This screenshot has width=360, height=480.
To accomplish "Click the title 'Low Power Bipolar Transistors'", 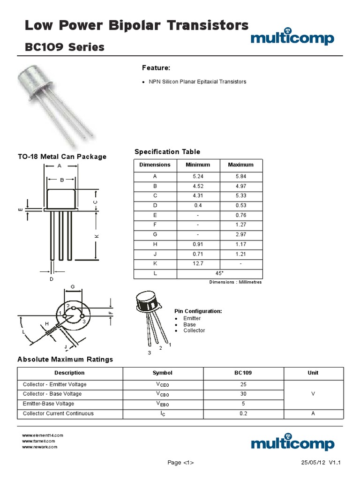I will pos(136,25).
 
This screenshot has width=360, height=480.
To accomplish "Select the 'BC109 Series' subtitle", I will pos(64,47).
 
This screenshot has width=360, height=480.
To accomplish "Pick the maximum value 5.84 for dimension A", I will pos(240,176).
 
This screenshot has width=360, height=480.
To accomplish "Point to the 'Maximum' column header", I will pos(240,165).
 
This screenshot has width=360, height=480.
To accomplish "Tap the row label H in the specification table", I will pos(155,244).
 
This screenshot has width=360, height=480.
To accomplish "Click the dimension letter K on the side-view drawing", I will pos(97,236).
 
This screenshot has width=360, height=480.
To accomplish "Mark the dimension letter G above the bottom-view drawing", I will pos(73,286).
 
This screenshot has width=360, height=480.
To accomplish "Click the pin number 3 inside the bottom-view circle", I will pos(83,322).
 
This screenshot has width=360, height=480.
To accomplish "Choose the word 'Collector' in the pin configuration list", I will pos(194,330).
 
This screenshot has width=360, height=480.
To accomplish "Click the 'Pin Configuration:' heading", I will pos(198,311).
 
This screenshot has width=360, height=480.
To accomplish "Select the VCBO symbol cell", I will pos(162,394).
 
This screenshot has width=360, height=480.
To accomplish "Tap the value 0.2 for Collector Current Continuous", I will pos(243,413).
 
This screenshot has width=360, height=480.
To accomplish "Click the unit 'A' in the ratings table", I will pos(313,413).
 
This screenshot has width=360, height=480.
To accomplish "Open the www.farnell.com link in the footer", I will pos(39,441).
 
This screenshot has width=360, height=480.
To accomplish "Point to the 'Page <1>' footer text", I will pos(180,463).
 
